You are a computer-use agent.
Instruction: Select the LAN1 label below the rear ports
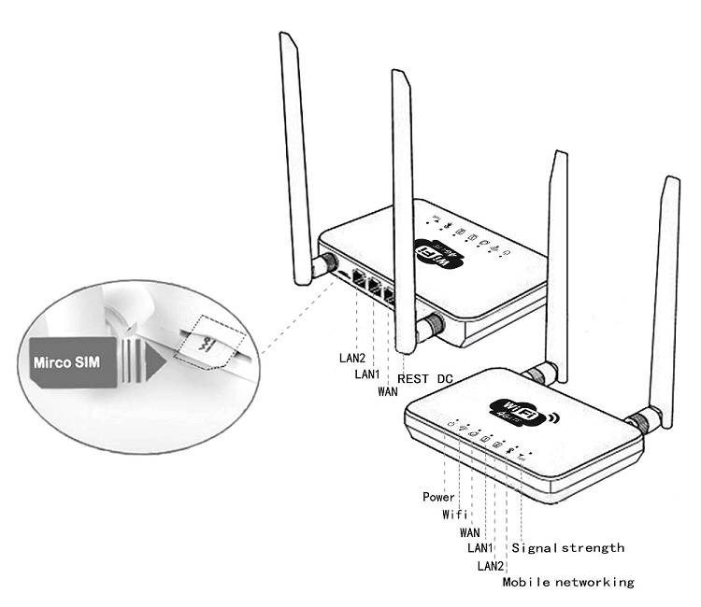(x=367, y=374)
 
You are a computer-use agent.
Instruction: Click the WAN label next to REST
(x=389, y=391)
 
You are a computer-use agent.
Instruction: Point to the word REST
(x=413, y=379)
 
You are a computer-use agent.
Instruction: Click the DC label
(x=445, y=379)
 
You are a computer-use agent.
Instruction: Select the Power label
(x=438, y=497)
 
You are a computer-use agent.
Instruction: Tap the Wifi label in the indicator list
(x=454, y=514)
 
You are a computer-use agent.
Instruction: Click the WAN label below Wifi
(x=470, y=531)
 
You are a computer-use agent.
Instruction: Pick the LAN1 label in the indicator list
(x=481, y=548)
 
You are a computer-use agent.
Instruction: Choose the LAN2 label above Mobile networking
(x=491, y=566)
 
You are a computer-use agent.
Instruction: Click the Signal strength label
(x=567, y=548)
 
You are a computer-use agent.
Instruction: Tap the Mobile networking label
(x=568, y=583)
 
